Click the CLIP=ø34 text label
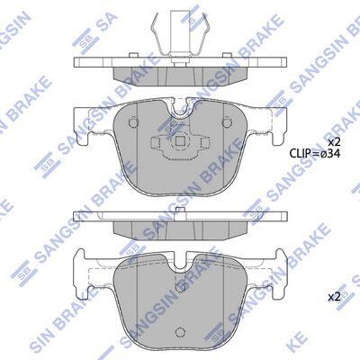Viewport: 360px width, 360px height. tap(315, 154)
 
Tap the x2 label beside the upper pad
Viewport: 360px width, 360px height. tap(333, 142)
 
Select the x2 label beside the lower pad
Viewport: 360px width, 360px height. tap(334, 298)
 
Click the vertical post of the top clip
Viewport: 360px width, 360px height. tap(180, 33)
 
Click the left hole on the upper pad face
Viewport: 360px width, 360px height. tap(133, 121)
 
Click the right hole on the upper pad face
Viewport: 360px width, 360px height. tap(226, 121)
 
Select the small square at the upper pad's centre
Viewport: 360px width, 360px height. tap(180, 140)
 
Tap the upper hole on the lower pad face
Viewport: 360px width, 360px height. tap(180, 285)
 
